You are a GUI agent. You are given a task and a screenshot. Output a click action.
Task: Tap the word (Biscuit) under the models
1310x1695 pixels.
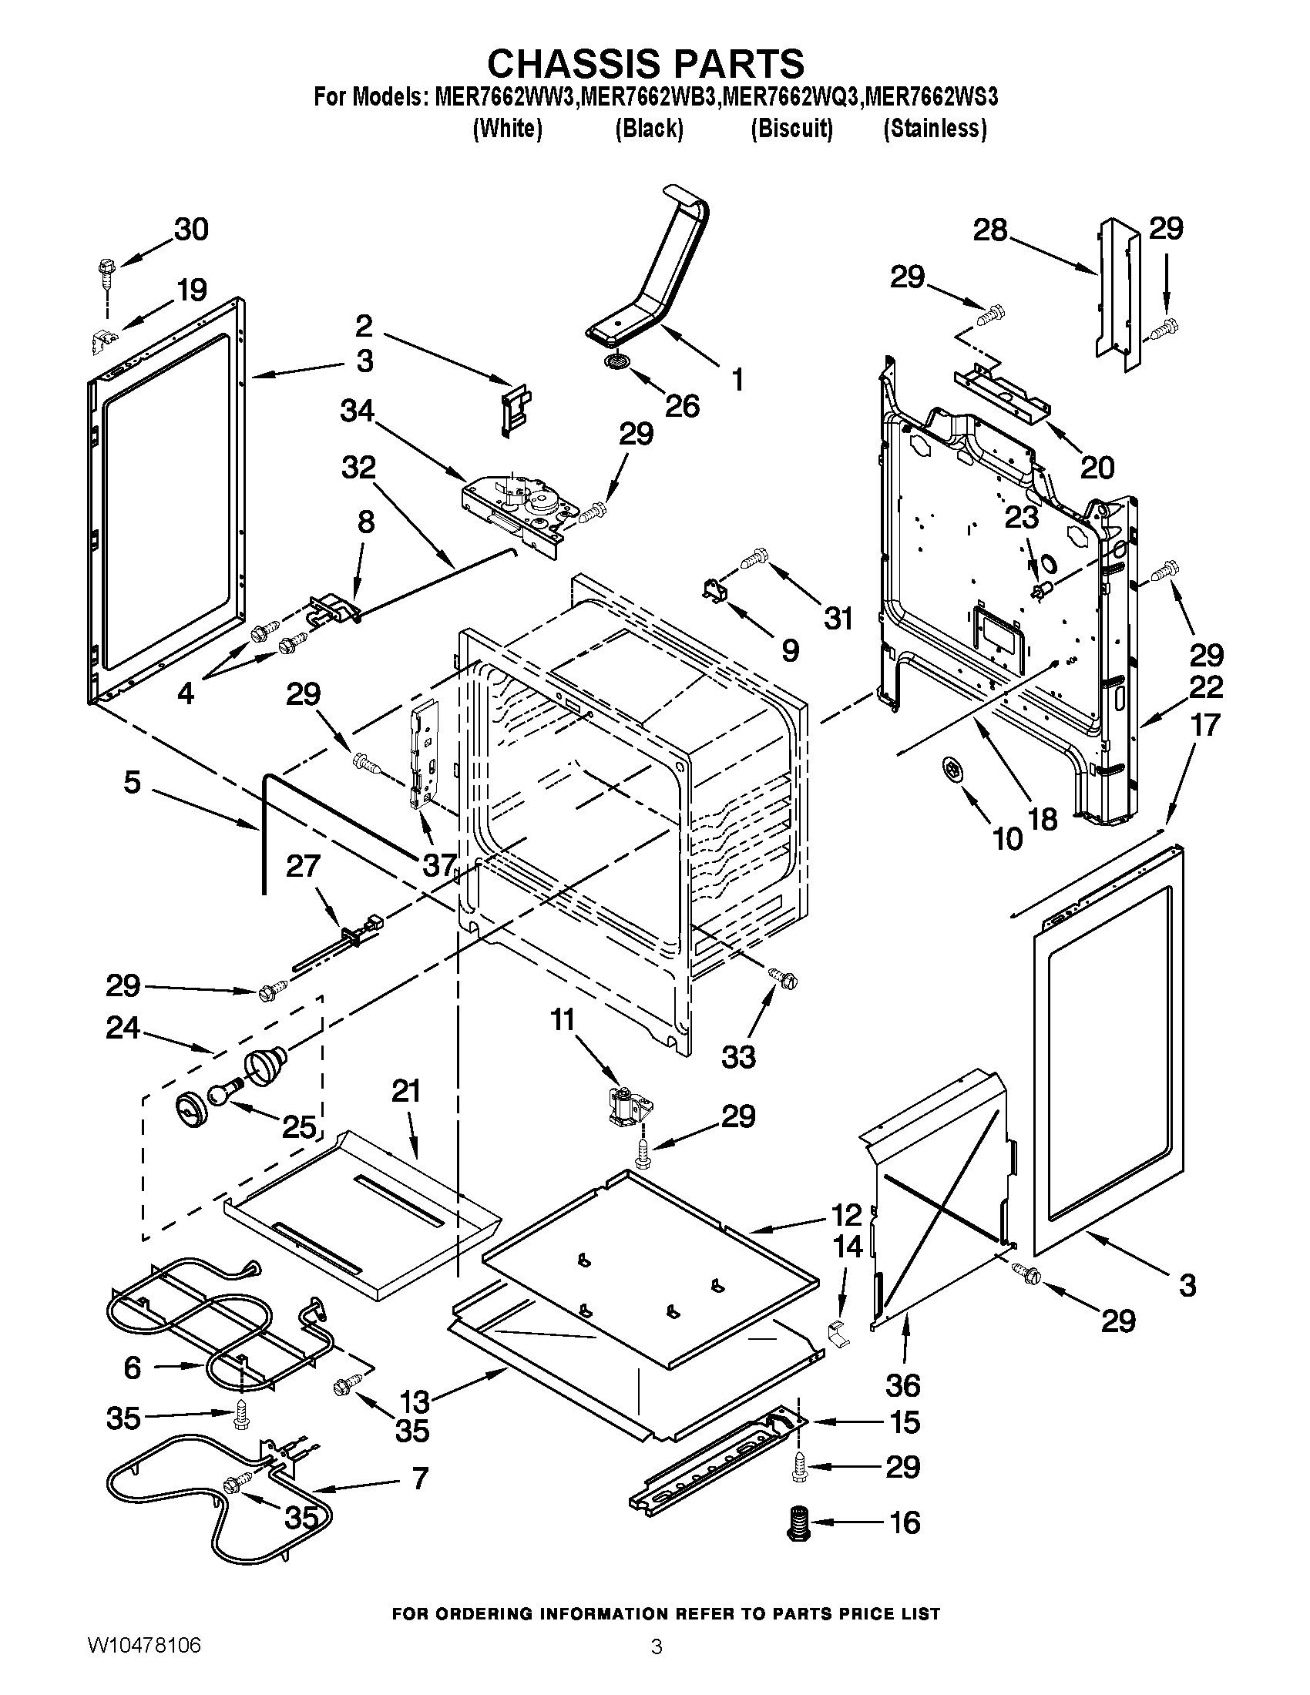click(791, 128)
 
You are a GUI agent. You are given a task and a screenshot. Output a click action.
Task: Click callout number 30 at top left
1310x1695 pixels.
click(191, 230)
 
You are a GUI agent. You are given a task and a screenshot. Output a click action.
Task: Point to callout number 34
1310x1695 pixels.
click(358, 411)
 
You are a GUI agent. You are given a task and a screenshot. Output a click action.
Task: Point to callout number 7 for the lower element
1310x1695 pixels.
click(419, 1479)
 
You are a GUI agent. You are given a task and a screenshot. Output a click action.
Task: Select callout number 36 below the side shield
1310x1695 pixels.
click(902, 1385)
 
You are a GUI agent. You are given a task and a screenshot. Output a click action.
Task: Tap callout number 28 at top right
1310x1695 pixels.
click(990, 230)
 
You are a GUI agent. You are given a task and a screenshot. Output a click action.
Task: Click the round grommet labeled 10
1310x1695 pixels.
click(952, 769)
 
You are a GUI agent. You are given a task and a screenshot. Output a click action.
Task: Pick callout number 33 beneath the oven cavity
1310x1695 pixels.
click(738, 1056)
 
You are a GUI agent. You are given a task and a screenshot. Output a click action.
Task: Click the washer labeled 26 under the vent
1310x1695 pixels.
click(618, 362)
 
